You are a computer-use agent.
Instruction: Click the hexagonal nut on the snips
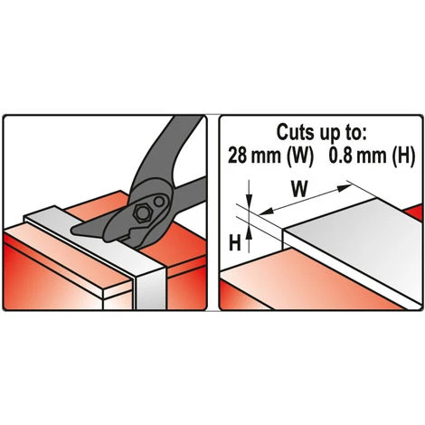point(143,213)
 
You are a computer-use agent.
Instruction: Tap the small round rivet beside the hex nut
point(158,201)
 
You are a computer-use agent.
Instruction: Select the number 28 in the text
point(236,156)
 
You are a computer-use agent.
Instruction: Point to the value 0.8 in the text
point(338,156)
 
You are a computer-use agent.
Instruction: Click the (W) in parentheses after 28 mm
point(300,156)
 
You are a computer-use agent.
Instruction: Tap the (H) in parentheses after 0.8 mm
point(401,156)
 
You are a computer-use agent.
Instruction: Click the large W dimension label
point(300,189)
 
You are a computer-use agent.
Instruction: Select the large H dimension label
point(235,242)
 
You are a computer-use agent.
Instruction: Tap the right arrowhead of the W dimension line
point(345,188)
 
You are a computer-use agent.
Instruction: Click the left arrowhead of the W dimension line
point(267,211)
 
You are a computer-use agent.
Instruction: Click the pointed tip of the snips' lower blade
point(72,231)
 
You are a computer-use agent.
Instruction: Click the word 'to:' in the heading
point(355,132)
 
